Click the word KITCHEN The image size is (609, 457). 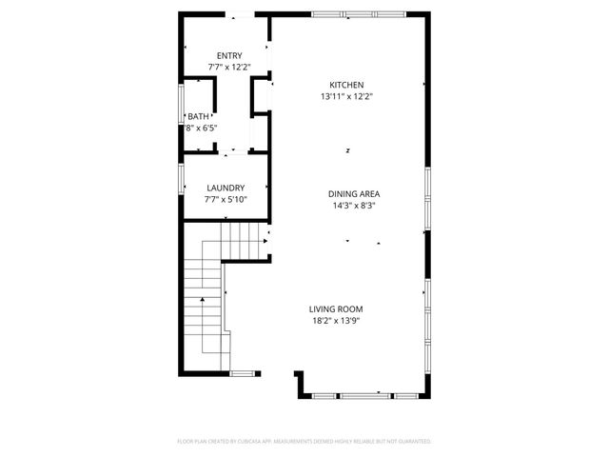tap(346, 85)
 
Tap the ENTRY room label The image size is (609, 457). tap(229, 55)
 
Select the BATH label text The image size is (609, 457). tap(198, 115)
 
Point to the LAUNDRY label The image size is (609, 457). tap(226, 188)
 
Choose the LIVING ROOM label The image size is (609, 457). tap(335, 308)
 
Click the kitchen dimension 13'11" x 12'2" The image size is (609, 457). tap(346, 96)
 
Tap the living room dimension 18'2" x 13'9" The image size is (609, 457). tap(335, 320)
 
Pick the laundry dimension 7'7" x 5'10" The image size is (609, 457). tap(226, 200)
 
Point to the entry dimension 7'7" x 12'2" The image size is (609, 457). tap(229, 68)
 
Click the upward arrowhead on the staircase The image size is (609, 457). tap(202, 301)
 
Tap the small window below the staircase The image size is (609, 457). tap(244, 372)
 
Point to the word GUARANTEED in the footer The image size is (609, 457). tap(410, 442)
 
